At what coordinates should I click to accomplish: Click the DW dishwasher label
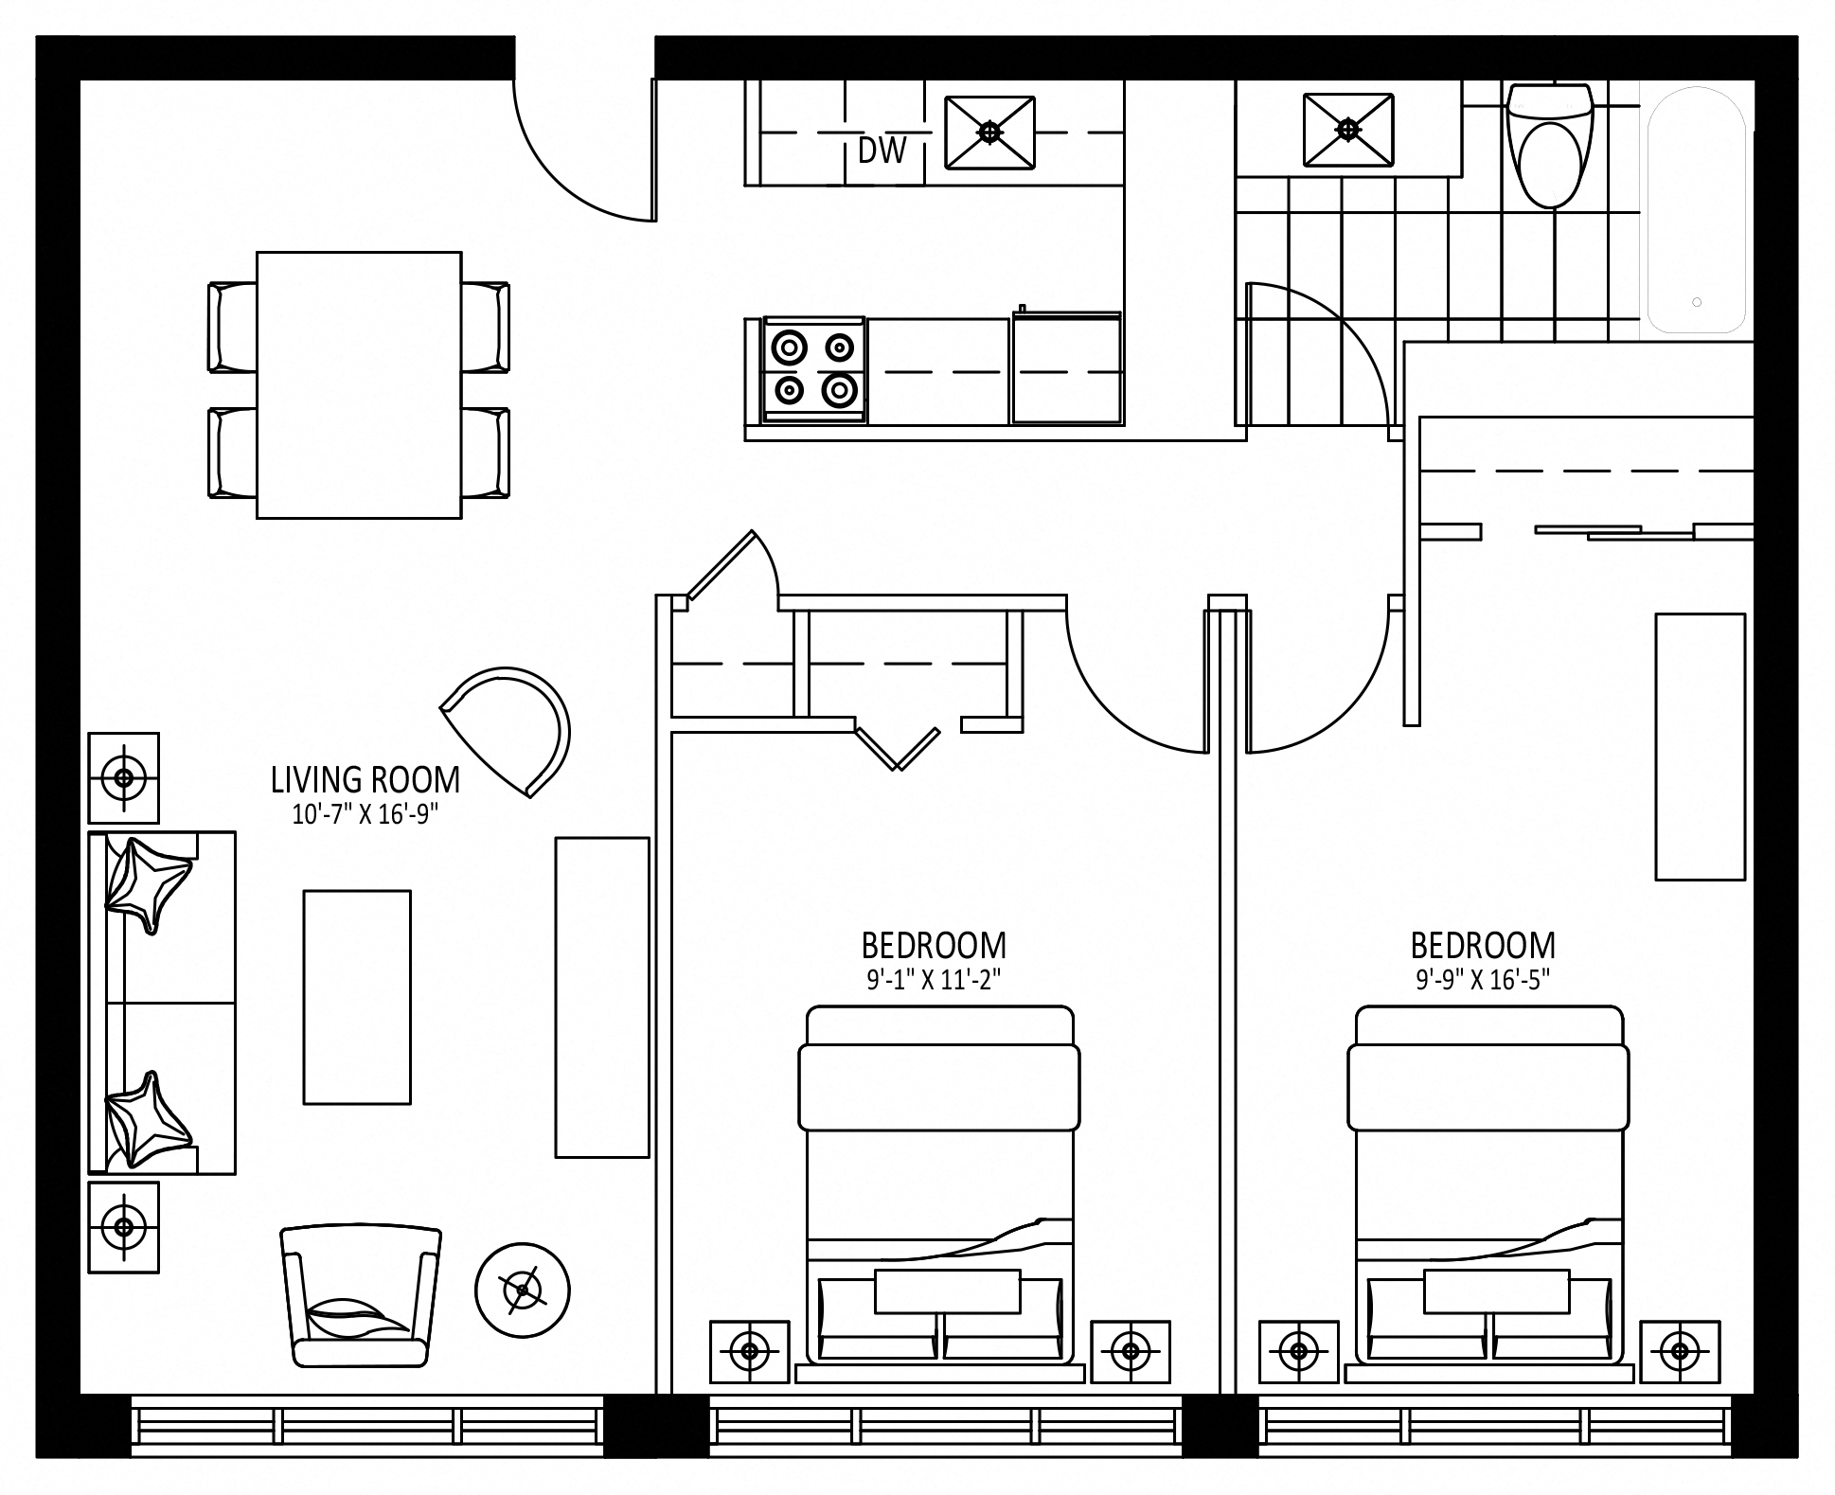[882, 151]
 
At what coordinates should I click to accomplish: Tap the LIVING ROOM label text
[365, 780]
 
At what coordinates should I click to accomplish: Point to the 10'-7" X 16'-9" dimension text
[365, 814]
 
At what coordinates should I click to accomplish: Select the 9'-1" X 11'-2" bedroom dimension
[934, 980]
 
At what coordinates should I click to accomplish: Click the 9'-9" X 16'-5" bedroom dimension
[1483, 980]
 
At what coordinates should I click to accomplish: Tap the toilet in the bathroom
[1550, 146]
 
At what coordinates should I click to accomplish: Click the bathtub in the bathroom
[1696, 209]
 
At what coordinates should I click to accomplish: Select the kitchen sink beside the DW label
[990, 133]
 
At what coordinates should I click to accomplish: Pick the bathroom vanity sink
[1348, 130]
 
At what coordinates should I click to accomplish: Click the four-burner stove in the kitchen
[814, 369]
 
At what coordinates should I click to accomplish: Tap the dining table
[359, 384]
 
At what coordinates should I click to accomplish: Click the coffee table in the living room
[357, 997]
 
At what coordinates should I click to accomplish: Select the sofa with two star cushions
[162, 1003]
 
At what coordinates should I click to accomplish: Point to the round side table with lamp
[522, 1290]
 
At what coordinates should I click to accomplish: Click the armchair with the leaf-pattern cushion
[361, 1296]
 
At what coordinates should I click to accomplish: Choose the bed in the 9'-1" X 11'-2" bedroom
[939, 1188]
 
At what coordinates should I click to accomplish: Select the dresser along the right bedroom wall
[1700, 747]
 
